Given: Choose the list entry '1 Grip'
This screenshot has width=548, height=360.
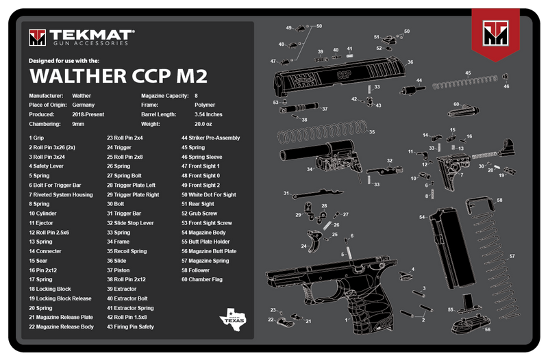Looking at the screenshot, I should tap(36, 138).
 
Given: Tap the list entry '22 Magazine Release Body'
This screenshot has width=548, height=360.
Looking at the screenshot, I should tap(62, 326).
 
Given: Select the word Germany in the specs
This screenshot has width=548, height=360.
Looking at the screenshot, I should tap(83, 105).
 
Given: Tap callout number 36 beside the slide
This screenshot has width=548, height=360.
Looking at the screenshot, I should tap(410, 62).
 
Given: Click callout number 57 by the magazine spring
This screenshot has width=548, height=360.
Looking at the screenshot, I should tap(511, 256).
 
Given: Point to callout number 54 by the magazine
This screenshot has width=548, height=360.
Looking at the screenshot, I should tap(422, 217).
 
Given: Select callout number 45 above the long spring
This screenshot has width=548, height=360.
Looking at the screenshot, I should tap(468, 73).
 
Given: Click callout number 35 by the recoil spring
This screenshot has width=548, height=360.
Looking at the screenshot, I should tap(372, 131).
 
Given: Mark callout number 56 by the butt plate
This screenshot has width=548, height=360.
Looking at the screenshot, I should tap(487, 329).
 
